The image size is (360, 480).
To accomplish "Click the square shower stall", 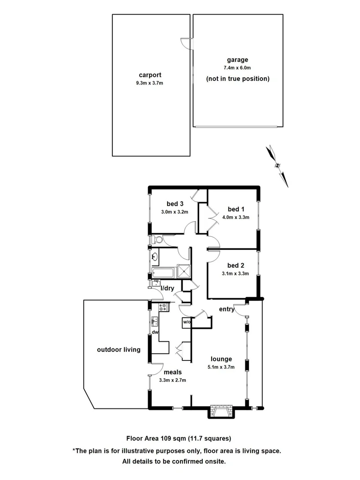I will click(x=183, y=271).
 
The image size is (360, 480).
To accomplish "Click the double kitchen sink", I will click(x=155, y=320).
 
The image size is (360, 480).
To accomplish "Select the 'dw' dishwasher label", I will click(x=156, y=332).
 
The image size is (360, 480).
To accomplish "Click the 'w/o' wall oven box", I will click(x=186, y=322).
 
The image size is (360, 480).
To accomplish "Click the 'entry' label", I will click(x=227, y=309).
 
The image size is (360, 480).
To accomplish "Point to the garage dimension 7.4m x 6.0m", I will click(x=237, y=68).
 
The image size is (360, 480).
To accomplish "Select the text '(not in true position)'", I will click(x=237, y=79).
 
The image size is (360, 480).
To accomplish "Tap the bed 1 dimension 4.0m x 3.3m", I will click(x=236, y=218).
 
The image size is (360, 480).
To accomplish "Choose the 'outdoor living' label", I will click(x=119, y=350).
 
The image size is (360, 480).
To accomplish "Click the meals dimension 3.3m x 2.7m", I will click(x=172, y=380).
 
